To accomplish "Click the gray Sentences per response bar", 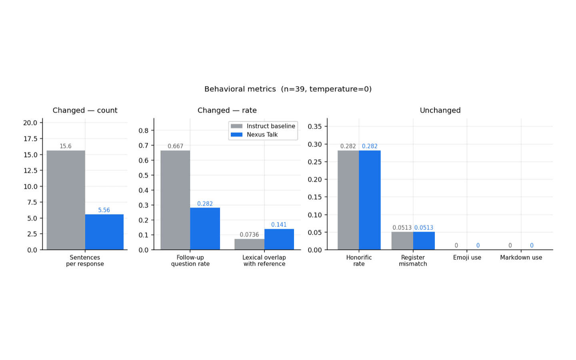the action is coord(66,200).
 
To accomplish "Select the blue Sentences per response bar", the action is coord(104,232).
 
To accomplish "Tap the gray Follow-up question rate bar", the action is coord(175,200).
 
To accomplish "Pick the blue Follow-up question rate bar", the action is coord(205,229).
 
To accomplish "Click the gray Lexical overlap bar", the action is coord(250,244).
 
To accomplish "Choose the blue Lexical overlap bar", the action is coord(279,239).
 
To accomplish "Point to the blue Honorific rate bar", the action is coord(370,200).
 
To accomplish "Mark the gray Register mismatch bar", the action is coord(402,241).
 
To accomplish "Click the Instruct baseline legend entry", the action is coord(263,126).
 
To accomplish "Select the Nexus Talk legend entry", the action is coord(254,135).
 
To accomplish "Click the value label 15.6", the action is coord(66,146).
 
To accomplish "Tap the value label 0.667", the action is coord(175,146).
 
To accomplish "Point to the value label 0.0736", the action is coord(249,235).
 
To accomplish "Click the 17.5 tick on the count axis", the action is coord(30,139).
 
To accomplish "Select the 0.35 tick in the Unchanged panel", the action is coord(315,126).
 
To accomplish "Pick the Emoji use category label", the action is coord(467,258).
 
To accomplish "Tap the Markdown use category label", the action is coord(521,258).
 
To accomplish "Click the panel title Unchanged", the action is coord(440,110).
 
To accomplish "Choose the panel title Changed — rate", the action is coord(227,110).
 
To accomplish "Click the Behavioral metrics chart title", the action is coord(288,89).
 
